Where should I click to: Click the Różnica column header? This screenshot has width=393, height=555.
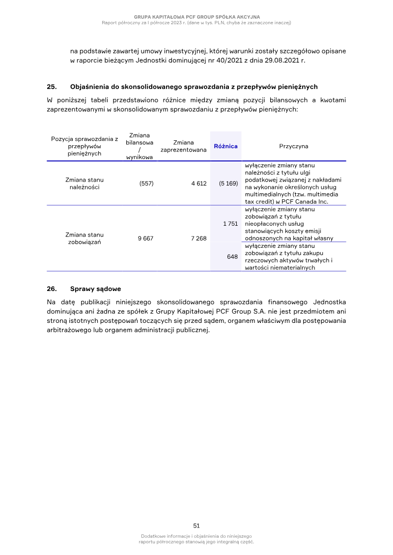coord(225,146)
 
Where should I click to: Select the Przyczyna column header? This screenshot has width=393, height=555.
coord(293,146)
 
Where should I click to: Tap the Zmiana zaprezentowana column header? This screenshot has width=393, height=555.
coord(183,146)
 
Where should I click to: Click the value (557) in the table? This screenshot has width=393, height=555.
coord(146,184)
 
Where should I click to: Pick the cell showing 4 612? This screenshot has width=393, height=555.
coord(198,184)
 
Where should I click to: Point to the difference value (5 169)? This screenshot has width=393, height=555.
coord(228,184)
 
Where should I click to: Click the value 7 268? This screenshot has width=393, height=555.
coord(198,238)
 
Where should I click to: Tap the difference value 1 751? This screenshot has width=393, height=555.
coord(230,223)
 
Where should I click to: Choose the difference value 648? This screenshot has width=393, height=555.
coord(232,257)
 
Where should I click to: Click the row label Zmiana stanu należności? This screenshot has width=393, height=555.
coord(84,184)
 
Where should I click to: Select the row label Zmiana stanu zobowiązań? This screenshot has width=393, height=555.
coord(84,238)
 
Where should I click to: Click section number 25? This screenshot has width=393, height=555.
coord(52,87)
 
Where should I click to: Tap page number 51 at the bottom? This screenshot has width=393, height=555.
coord(196,525)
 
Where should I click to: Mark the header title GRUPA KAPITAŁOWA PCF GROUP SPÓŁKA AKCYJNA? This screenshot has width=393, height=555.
coord(196,17)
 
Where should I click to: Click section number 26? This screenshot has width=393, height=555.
coord(52,289)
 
